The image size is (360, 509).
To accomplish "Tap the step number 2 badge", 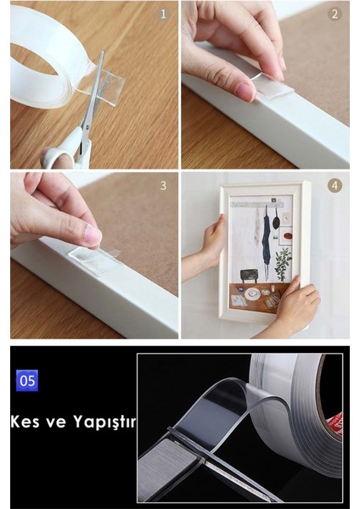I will (335, 14).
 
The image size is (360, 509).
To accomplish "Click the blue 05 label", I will (27, 380).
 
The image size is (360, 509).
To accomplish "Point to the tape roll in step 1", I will (42, 59).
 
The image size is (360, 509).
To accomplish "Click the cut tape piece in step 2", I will (272, 84).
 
